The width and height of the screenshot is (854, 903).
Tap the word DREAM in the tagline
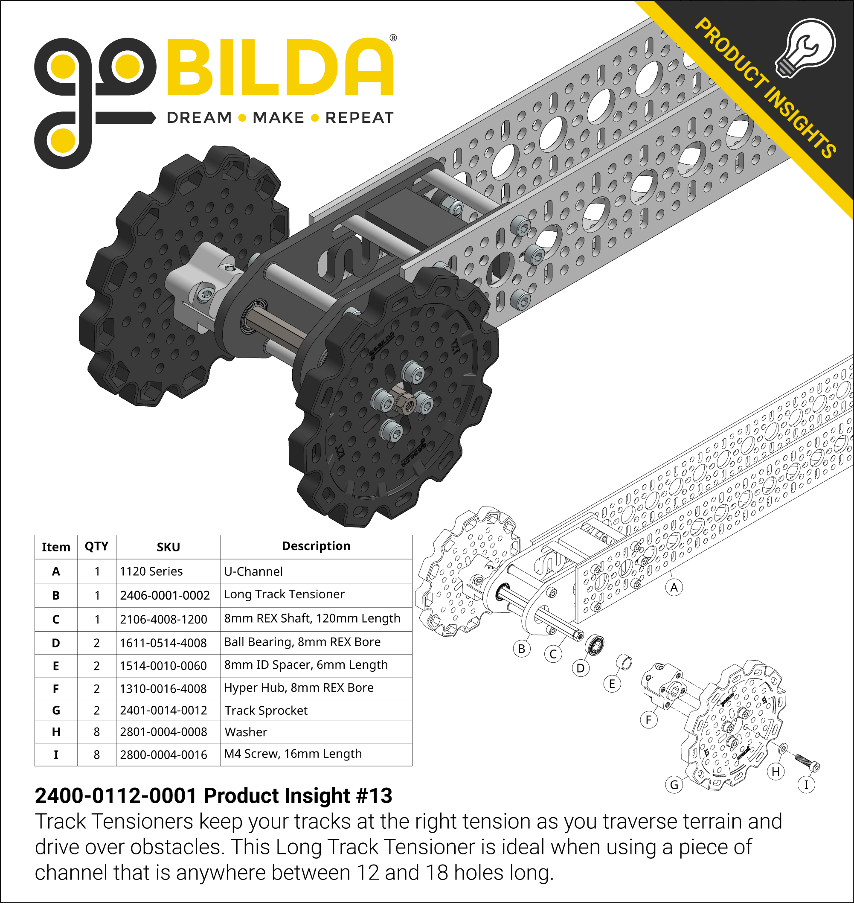199,118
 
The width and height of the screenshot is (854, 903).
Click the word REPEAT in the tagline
359,118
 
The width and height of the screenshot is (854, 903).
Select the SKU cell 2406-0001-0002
165,595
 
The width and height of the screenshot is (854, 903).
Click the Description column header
316,546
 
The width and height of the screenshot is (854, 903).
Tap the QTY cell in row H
96,732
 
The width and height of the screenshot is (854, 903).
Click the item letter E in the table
56,666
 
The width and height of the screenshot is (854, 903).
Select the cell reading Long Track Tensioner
284,594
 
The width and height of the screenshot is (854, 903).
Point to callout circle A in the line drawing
674,588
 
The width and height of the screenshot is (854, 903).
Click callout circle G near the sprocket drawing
674,785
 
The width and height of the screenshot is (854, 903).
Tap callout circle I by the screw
806,785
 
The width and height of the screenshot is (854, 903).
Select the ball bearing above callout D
595,645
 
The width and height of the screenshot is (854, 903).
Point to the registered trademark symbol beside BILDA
393,38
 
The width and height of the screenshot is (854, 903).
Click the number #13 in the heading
374,796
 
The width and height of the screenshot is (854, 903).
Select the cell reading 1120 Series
151,571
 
